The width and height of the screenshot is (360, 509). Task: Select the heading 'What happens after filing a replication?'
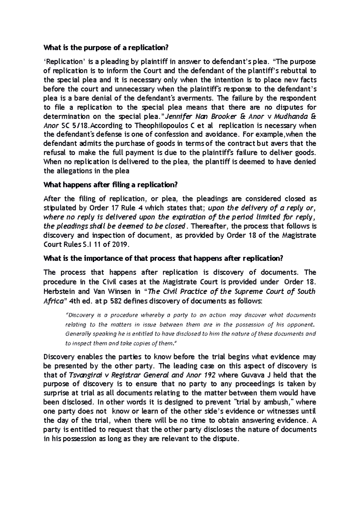111,185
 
